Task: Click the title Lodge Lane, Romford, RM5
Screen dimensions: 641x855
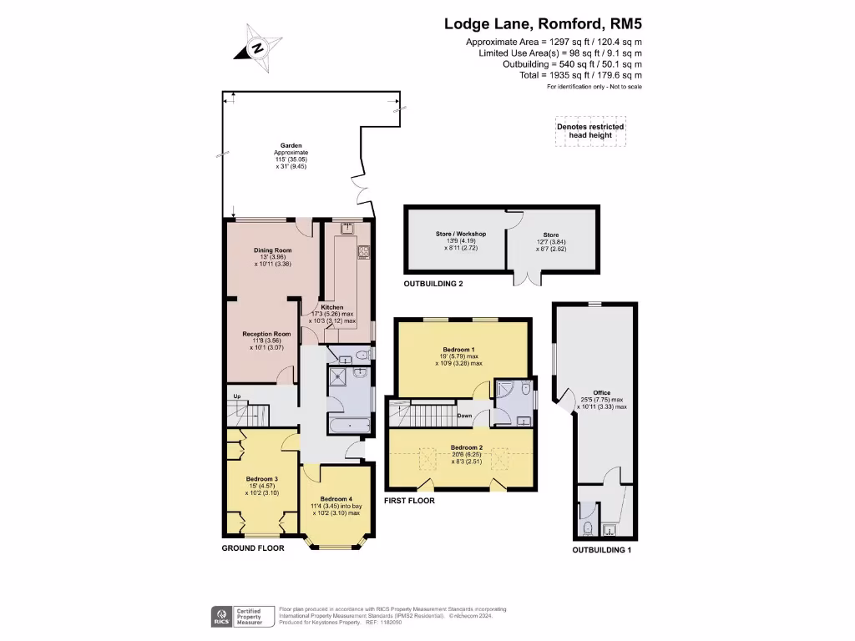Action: tap(543, 25)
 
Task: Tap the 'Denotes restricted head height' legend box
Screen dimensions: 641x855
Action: tap(590, 131)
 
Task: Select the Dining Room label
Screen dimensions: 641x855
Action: tap(272, 250)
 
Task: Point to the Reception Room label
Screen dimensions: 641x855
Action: tap(261, 334)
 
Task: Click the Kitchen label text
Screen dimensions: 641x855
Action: tap(332, 307)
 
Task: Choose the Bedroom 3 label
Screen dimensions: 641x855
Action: tap(261, 478)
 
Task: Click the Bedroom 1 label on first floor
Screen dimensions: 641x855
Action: tap(459, 349)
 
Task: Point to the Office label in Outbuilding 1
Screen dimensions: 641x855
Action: tap(601, 392)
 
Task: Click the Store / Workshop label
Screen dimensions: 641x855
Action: tap(460, 235)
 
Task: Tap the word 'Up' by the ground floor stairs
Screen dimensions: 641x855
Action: tap(237, 396)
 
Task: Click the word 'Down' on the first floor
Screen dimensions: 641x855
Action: tap(465, 415)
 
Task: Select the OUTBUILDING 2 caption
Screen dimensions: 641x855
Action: tap(433, 284)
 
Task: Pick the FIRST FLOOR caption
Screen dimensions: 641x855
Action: tap(409, 502)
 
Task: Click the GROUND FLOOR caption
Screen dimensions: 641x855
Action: tap(253, 548)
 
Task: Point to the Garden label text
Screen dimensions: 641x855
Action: tap(291, 145)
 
